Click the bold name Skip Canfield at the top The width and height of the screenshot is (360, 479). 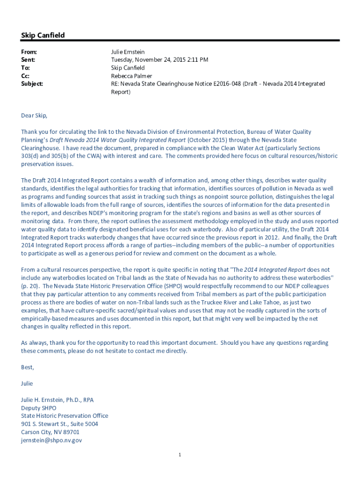[43, 36]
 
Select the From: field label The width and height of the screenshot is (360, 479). [29, 52]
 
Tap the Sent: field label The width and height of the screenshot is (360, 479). [28, 60]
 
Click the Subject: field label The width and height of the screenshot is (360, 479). [32, 84]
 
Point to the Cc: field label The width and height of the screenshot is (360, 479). [26, 76]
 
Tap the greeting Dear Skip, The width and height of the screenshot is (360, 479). [34, 116]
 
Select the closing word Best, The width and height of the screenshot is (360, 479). [28, 367]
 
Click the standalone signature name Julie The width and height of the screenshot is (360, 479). [27, 384]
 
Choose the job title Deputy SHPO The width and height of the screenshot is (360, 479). [38, 408]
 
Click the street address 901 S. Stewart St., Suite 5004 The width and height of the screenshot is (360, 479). [59, 424]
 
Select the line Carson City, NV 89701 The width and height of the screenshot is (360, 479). [50, 432]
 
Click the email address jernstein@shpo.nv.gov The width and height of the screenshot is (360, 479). [51, 440]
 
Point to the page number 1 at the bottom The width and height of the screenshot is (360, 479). [180, 455]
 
